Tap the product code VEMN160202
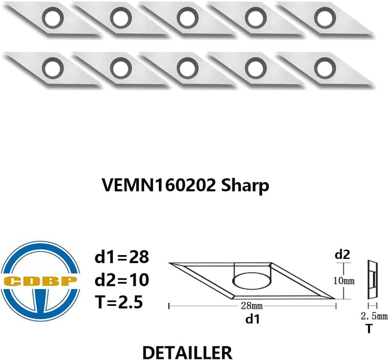[x=159, y=185]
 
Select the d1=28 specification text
[x=122, y=257]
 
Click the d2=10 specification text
[x=122, y=279]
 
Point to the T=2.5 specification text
[x=119, y=302]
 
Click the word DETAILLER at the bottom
[x=187, y=352]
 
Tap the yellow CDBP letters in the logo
[x=41, y=281]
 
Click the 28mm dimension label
[x=252, y=305]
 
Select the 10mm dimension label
[x=344, y=281]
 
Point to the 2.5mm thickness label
[x=374, y=316]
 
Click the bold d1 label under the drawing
[x=252, y=319]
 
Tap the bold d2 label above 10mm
[x=343, y=255]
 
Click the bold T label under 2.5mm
[x=369, y=329]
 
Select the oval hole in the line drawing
[x=252, y=281]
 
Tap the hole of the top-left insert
[x=52, y=18]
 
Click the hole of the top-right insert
[x=325, y=18]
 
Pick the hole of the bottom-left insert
[x=52, y=68]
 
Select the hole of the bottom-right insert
[x=325, y=68]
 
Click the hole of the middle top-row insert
[x=187, y=18]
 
